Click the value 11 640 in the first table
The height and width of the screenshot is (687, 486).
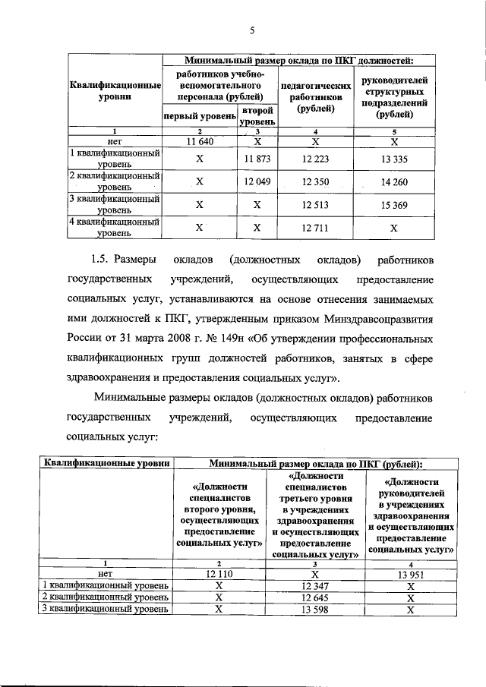click(200, 141)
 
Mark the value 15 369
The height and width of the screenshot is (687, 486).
click(394, 205)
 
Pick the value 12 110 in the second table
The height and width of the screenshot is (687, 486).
click(218, 575)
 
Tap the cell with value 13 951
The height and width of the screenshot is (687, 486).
click(409, 575)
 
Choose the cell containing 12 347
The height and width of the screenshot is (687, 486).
click(313, 586)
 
